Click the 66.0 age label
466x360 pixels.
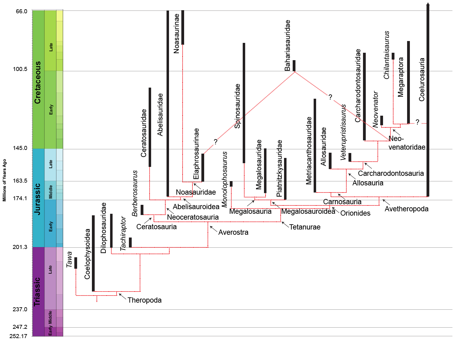(x=22, y=11)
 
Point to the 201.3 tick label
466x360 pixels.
(x=20, y=247)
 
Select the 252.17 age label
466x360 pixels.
(x=19, y=336)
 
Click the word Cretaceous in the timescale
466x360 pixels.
(x=38, y=82)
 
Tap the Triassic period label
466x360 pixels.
(x=37, y=292)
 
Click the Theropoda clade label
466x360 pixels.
(x=144, y=300)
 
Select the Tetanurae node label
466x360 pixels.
(x=305, y=227)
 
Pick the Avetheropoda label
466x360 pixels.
(x=406, y=209)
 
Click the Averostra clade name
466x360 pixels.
(x=233, y=232)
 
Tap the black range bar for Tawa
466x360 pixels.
(x=76, y=263)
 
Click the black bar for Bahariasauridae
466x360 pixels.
(x=294, y=66)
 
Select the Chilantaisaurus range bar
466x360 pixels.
(x=393, y=56)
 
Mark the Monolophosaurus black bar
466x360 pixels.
(x=231, y=184)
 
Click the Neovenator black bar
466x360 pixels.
(x=381, y=120)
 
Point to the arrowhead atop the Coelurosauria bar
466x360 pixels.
(x=428, y=4)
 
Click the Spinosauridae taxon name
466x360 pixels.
(x=237, y=106)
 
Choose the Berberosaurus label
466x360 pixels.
(x=135, y=193)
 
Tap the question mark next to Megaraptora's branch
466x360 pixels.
(x=417, y=122)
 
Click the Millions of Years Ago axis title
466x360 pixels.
(x=4, y=180)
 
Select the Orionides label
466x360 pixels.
(x=355, y=213)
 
